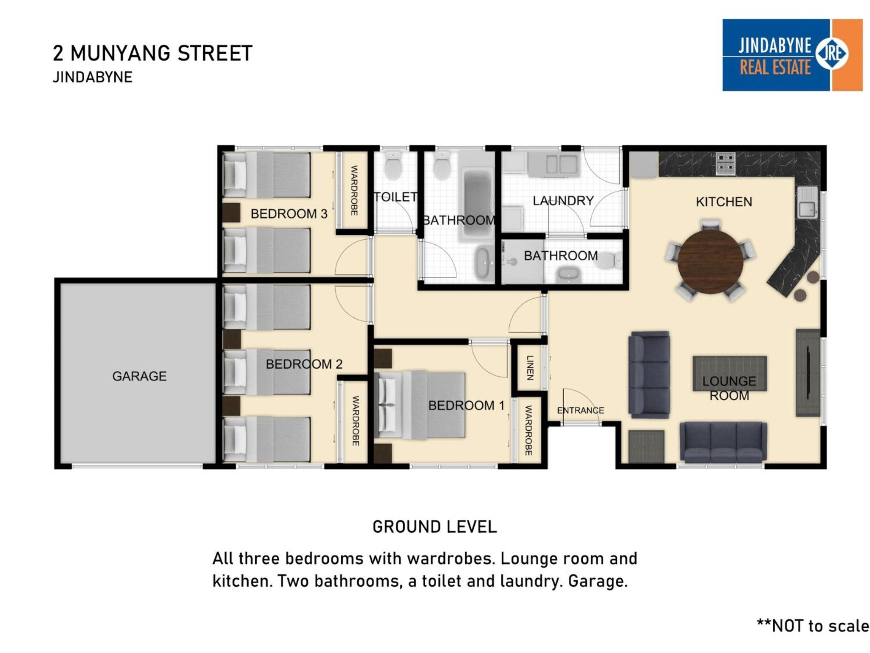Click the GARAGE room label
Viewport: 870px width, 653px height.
[x=139, y=376]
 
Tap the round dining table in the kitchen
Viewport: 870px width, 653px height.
[x=710, y=261]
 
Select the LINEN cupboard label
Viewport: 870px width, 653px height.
[x=530, y=367]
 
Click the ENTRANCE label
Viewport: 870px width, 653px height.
[x=580, y=410]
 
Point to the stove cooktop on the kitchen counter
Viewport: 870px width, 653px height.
[x=726, y=163]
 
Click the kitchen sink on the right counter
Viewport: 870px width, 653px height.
[x=807, y=203]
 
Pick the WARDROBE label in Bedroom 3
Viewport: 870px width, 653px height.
[x=354, y=190]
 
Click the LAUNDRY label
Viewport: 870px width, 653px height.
[x=563, y=201]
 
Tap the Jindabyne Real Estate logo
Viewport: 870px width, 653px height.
[x=792, y=55]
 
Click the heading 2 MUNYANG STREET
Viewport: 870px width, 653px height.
[x=153, y=53]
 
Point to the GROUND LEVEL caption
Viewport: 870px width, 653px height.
[x=435, y=527]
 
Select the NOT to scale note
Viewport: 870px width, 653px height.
[x=813, y=626]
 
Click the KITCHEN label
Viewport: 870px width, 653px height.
[x=724, y=202]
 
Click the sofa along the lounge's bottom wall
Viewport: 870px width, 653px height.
[x=723, y=442]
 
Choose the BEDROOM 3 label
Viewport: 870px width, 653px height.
[x=289, y=213]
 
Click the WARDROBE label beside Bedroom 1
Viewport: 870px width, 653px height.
[x=528, y=430]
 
